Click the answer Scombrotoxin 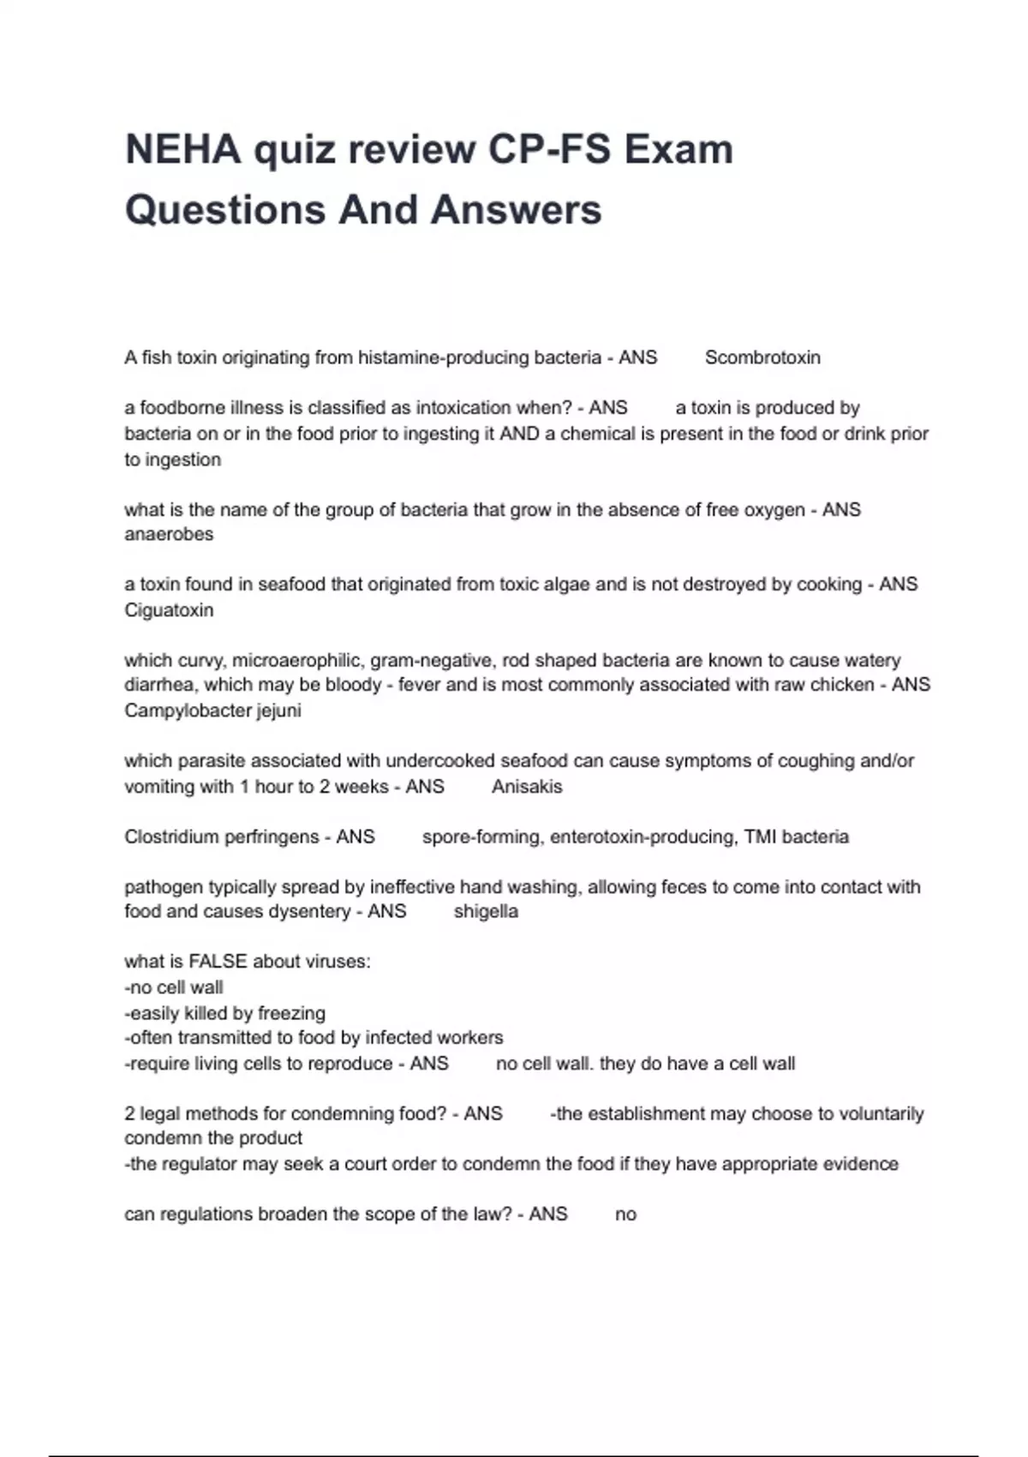[x=762, y=357]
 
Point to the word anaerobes [x=169, y=534]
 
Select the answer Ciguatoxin [x=169, y=610]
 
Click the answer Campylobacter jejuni [x=212, y=711]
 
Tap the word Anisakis [x=527, y=786]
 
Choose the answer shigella [x=486, y=911]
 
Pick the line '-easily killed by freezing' [x=224, y=1013]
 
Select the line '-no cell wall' [x=173, y=987]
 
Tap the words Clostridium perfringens [x=221, y=836]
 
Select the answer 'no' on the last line [x=625, y=1214]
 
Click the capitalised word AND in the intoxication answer [x=519, y=434]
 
